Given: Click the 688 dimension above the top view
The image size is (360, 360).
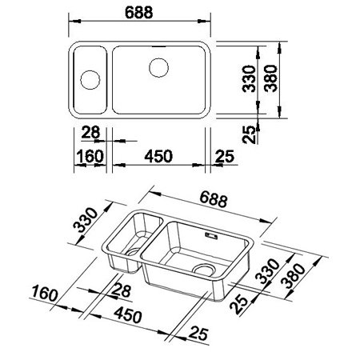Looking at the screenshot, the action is click(139, 12).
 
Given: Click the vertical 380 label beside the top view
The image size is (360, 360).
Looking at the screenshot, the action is click(271, 78).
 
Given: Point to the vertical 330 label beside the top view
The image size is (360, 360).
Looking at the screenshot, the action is click(249, 78).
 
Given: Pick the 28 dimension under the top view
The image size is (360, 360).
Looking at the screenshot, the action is click(90, 132).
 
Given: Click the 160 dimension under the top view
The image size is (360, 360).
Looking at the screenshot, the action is click(90, 156).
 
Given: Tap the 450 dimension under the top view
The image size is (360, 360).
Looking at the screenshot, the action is click(158, 156).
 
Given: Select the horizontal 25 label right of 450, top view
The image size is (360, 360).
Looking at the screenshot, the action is click(225, 156).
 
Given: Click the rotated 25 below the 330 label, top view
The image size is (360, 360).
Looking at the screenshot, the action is click(249, 134).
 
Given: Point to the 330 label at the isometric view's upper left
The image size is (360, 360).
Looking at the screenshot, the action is click(86, 220).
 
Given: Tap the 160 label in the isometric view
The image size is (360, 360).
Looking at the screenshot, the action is click(45, 293).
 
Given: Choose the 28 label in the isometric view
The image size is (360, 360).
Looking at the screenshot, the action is click(122, 290).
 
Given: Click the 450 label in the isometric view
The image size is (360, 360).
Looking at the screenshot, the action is click(128, 314).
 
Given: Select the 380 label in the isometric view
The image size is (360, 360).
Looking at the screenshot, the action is click(294, 276).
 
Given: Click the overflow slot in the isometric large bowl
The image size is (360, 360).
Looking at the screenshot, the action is click(211, 235).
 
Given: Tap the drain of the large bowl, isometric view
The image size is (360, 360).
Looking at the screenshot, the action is click(204, 270).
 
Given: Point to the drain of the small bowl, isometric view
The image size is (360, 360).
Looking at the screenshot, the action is click(133, 252).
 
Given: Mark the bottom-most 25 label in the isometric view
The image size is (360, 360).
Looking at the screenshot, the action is click(198, 334).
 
